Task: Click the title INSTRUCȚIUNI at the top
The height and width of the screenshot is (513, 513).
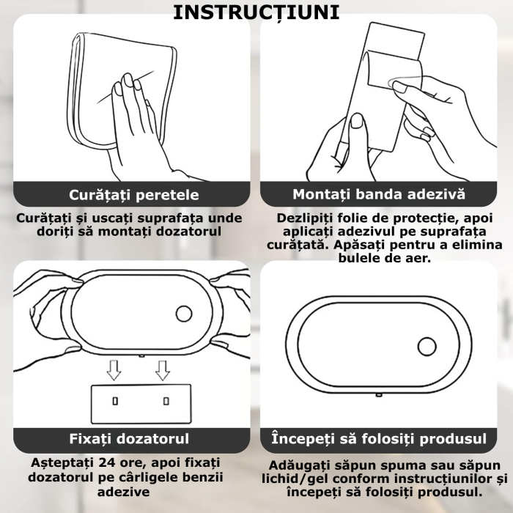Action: point(256,12)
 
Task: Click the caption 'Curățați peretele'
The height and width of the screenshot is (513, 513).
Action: point(133,195)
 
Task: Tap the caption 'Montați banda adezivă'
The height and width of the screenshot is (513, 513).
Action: point(378,194)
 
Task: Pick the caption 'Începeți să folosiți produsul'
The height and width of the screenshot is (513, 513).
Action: point(378,439)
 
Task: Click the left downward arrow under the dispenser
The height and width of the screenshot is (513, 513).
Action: point(114,370)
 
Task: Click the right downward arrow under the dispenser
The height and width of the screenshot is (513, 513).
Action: point(163,370)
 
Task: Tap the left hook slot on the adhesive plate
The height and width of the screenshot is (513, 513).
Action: point(114,401)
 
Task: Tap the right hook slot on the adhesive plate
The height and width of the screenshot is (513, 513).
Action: point(166,401)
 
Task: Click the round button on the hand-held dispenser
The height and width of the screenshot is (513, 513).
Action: point(184,314)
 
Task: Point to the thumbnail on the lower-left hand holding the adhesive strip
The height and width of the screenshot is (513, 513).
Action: point(356,120)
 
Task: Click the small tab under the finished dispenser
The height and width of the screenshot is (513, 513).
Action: point(377,395)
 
